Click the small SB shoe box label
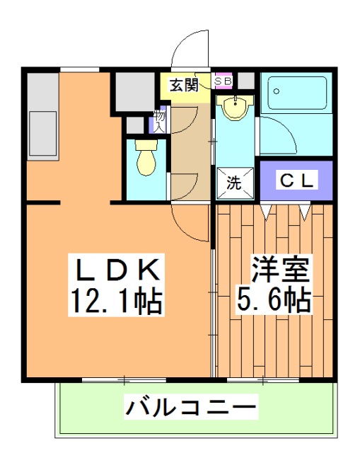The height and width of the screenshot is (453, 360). (x=223, y=81)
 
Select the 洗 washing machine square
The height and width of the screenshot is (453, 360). (x=233, y=181)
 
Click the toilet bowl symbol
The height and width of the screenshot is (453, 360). (x=146, y=156)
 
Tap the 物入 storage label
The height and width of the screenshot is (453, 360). (x=159, y=122)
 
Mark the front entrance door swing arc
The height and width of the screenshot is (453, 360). (x=190, y=50)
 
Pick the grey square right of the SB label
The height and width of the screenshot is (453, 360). (x=245, y=80)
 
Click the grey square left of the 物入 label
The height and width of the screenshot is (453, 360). (x=134, y=124)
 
